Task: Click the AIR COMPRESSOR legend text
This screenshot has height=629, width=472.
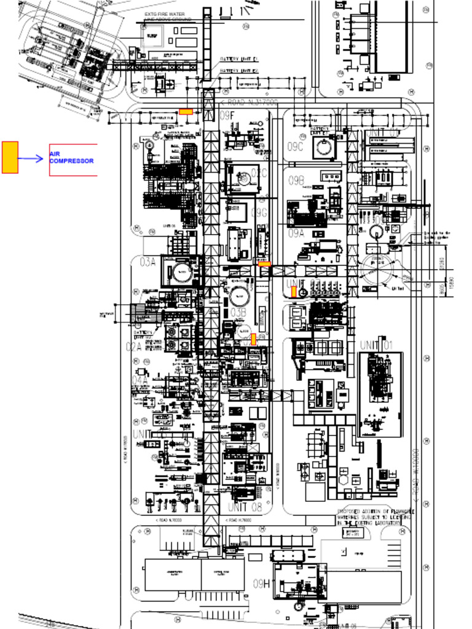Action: pyautogui.click(x=71, y=158)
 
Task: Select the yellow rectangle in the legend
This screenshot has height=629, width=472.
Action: pyautogui.click(x=10, y=157)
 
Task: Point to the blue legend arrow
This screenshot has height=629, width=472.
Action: pyautogui.click(x=31, y=158)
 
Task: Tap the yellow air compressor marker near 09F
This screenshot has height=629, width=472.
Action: pyautogui.click(x=186, y=112)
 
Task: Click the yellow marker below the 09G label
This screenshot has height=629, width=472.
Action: pyautogui.click(x=264, y=264)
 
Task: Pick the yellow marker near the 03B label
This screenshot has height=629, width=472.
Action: pyautogui.click(x=253, y=338)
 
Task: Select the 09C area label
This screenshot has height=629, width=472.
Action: pyautogui.click(x=296, y=147)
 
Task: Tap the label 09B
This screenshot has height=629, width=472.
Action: pyautogui.click(x=297, y=180)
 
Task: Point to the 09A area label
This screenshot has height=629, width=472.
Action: pyautogui.click(x=296, y=233)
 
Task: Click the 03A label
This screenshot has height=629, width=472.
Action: pyautogui.click(x=147, y=262)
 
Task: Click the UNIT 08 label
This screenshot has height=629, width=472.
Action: pyautogui.click(x=244, y=507)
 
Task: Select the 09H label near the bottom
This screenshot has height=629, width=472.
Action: pyautogui.click(x=262, y=584)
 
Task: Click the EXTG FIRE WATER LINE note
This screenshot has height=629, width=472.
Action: pyautogui.click(x=168, y=17)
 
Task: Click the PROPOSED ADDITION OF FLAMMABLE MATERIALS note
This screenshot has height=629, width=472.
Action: pyautogui.click(x=375, y=517)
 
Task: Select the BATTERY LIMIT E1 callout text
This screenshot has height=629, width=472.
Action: pyautogui.click(x=239, y=60)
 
